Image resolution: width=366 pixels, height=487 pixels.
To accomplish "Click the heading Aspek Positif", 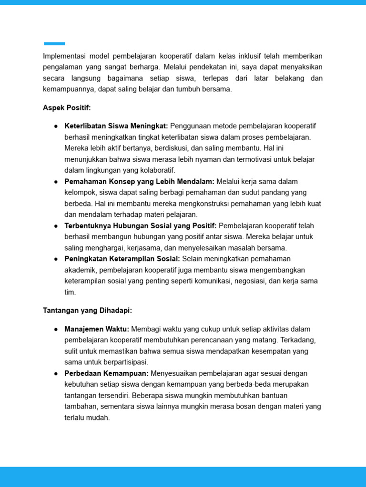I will (x=67, y=108).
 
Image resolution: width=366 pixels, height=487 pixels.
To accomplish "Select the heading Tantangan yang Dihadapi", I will (x=87, y=311).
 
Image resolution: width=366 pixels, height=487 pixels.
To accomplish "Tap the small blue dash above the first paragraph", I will (x=54, y=44).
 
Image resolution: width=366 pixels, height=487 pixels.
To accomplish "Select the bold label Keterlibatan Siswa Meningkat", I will (x=116, y=126).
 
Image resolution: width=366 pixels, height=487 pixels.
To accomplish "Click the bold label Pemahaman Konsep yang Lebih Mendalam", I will (x=139, y=181).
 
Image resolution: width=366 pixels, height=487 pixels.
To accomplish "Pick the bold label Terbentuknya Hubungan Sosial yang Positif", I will (x=141, y=225).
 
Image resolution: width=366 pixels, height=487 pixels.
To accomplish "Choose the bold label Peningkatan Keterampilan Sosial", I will (x=122, y=259).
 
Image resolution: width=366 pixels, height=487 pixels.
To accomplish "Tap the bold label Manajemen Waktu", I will (x=97, y=329).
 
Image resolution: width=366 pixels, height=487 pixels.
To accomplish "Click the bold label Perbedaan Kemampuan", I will (x=106, y=373).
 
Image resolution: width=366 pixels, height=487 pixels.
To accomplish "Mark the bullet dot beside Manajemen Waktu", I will (x=56, y=329).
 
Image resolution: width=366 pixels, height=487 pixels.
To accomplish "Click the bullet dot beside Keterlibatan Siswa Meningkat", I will (x=56, y=126).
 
